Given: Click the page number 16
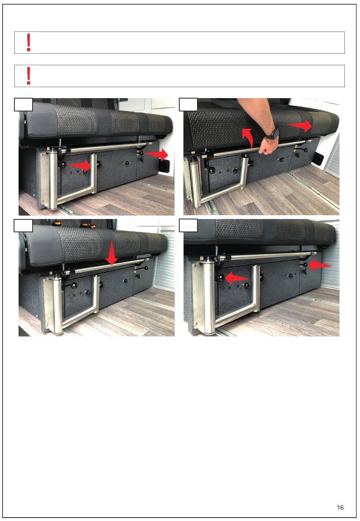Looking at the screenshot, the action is pos(340,507).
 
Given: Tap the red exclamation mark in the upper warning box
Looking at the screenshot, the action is pos(28,42).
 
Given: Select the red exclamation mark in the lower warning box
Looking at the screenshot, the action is pos(28,76).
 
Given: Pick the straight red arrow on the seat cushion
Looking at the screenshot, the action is pos(300,125).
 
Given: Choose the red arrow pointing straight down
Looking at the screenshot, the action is pos(112,253).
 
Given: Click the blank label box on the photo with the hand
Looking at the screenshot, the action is pos(188,105).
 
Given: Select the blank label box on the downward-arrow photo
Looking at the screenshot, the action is pos(23,225).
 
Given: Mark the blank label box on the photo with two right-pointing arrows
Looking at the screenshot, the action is pos(23,105).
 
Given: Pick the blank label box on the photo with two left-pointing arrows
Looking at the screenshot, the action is pos(188,225).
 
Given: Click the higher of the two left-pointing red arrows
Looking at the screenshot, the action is pos(320,265).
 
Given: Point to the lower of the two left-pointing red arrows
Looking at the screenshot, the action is pos(237,278).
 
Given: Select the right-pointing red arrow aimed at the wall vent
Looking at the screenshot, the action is pos(156,155).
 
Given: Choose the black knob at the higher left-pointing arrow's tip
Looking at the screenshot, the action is pos(305,265).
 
